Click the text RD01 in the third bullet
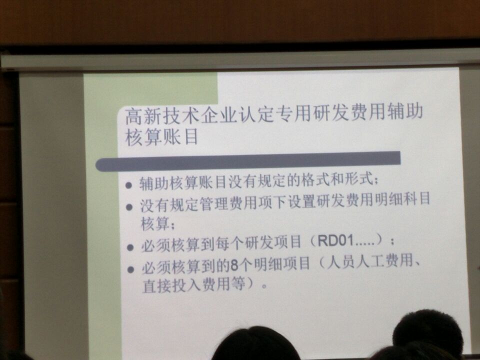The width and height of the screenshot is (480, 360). coord(335,240)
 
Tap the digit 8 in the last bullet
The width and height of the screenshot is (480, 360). coord(234,266)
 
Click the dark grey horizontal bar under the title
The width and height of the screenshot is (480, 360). coord(248,161)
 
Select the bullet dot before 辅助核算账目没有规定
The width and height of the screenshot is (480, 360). coord(129,185)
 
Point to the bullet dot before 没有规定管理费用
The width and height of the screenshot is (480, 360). coord(129,207)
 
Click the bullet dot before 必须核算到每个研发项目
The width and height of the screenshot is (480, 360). coord(130,247)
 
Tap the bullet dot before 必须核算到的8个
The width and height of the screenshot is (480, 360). coord(131,270)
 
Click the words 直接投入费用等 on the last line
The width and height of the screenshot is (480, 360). coord(194,284)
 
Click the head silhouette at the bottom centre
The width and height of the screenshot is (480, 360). coord(256,344)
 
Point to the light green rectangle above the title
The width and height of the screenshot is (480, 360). coord(150,89)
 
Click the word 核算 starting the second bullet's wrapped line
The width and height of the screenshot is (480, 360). coord(155,223)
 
